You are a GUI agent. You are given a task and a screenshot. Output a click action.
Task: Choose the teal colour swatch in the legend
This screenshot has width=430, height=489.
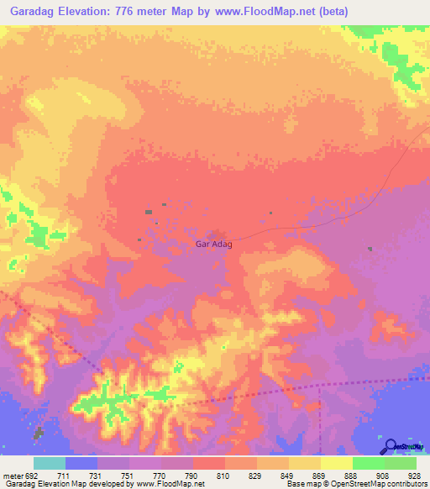point(50,464)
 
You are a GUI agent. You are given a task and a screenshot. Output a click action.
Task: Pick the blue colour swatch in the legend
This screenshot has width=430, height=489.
point(81,464)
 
